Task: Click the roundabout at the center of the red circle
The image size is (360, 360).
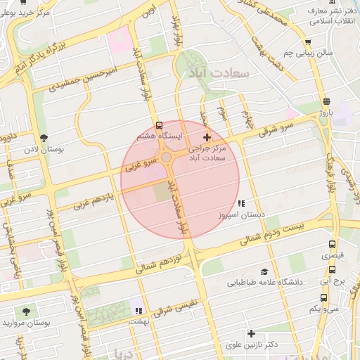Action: pyautogui.click(x=169, y=158)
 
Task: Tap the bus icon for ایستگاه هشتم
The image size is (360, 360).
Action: pyautogui.click(x=159, y=122)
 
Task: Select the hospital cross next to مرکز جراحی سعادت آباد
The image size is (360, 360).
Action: pyautogui.click(x=206, y=136)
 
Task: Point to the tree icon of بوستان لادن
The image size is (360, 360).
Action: pyautogui.click(x=44, y=138)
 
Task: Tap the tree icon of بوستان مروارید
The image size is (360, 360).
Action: pyautogui.click(x=27, y=311)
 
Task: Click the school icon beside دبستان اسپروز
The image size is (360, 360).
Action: pyautogui.click(x=241, y=203)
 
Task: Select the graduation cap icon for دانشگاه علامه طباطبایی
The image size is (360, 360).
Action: pyautogui.click(x=264, y=271)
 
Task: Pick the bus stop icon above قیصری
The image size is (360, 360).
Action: pyautogui.click(x=333, y=245)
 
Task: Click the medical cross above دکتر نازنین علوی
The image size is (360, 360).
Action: pyautogui.click(x=251, y=333)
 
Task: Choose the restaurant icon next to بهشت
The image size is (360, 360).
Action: pyautogui.click(x=139, y=310)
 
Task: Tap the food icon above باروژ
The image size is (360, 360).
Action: pyautogui.click(x=326, y=101)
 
